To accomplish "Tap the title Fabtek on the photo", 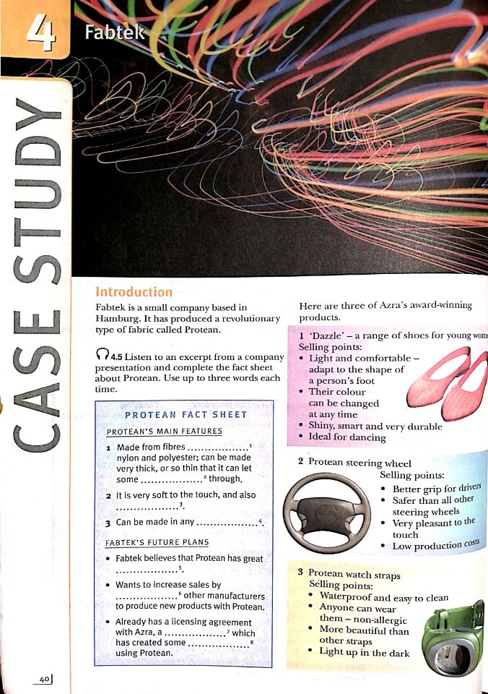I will tap(114, 33).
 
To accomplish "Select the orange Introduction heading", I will tap(134, 292).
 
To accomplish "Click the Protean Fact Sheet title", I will tap(186, 415).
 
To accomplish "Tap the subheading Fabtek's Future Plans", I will tap(157, 541).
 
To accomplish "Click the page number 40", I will tap(45, 679).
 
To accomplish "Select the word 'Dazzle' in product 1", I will tap(327, 336).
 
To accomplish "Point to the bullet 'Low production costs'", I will tap(437, 544).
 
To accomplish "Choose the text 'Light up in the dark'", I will tap(365, 653).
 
